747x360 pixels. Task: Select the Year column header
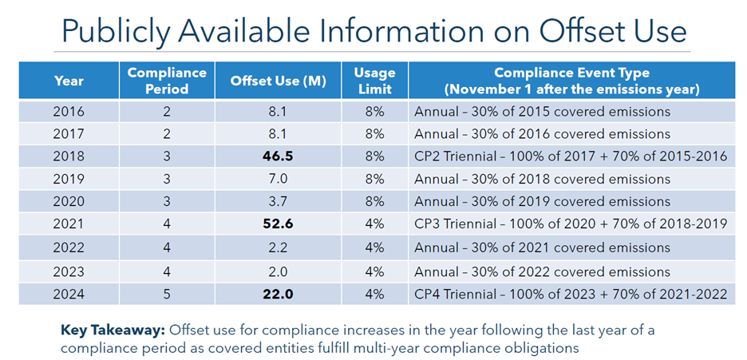[x=69, y=81]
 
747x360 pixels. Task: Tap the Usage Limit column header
[x=374, y=81]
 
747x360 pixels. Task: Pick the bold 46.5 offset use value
[x=279, y=156]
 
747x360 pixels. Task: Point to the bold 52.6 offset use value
[x=279, y=224]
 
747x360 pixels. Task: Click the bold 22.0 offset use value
[x=279, y=294]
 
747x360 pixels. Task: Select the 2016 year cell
[x=69, y=111]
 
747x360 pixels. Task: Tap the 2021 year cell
[x=69, y=224]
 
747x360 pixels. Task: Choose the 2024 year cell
[x=69, y=294]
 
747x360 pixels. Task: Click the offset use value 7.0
[x=279, y=179]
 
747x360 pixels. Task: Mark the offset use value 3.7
[x=279, y=202]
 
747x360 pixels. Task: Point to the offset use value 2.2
[x=279, y=247]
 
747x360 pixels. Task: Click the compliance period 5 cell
[x=168, y=294]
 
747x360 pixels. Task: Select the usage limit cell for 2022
[x=374, y=247]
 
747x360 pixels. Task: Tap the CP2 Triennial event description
[x=570, y=156]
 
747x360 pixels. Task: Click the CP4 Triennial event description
[x=570, y=294]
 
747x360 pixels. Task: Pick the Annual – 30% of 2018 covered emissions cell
[x=542, y=179]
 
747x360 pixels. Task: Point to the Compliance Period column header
[x=168, y=81]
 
